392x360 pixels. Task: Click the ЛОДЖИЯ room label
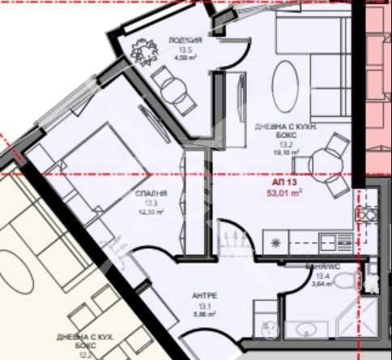(180, 40)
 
